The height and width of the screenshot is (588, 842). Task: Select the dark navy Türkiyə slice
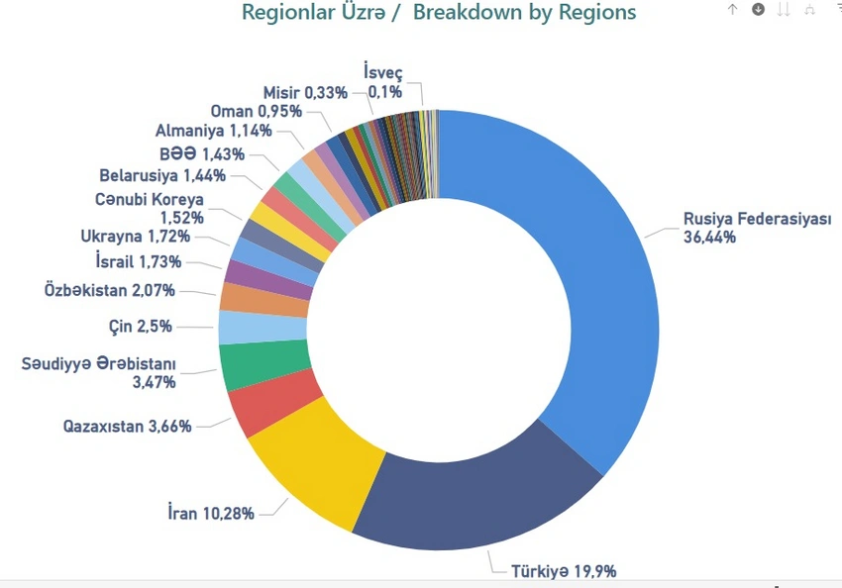466,495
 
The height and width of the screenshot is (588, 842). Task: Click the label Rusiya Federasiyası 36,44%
757,228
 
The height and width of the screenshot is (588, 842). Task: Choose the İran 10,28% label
211,514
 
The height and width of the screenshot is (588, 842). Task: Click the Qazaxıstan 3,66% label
127,427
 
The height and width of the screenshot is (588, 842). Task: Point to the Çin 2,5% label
141,326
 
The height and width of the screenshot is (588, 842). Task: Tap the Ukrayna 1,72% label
135,236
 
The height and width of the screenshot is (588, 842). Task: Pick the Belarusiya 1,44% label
162,176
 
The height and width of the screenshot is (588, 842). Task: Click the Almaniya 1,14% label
213,130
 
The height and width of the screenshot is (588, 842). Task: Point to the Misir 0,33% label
305,92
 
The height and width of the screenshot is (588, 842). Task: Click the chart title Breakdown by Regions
439,13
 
